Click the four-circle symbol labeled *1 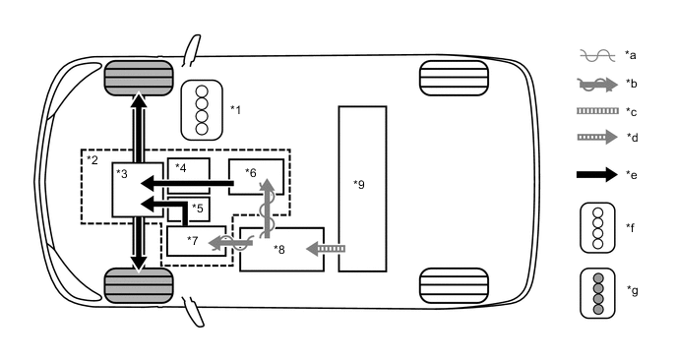pos(201,108)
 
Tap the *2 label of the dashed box pos(92,159)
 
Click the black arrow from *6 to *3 pos(187,183)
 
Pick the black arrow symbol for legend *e pos(595,174)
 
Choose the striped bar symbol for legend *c pos(595,111)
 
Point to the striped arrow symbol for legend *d pos(595,138)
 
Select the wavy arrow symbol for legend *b pos(595,85)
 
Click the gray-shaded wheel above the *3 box pos(139,77)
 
